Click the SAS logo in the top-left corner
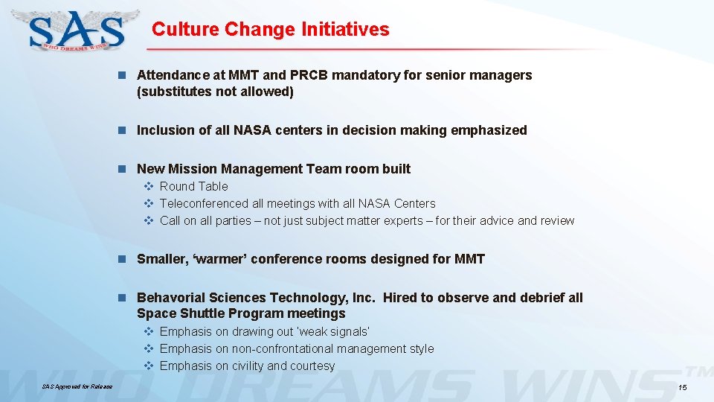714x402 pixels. point(77,31)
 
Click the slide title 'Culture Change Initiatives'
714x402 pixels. point(270,29)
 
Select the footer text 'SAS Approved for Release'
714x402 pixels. point(77,387)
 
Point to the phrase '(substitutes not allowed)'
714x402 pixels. point(215,92)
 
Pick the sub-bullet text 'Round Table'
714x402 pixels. point(193,186)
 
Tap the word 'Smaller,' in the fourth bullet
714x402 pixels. point(162,259)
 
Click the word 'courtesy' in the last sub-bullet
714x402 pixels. point(311,366)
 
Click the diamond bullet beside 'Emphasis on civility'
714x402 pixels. point(147,366)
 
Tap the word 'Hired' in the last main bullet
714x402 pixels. point(399,298)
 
